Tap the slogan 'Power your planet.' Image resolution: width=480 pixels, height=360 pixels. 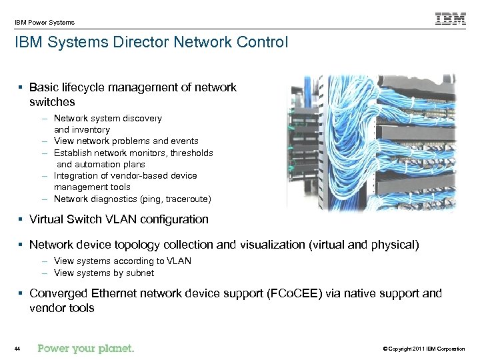coord(86,348)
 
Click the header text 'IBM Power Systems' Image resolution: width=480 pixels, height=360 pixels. coord(45,22)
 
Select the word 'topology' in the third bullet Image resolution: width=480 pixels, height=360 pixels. coord(137,245)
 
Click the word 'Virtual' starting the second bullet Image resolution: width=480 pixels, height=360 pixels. coord(47,219)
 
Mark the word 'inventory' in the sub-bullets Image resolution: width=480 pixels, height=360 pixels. coord(91,129)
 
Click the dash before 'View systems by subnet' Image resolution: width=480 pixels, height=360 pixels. coord(43,273)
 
